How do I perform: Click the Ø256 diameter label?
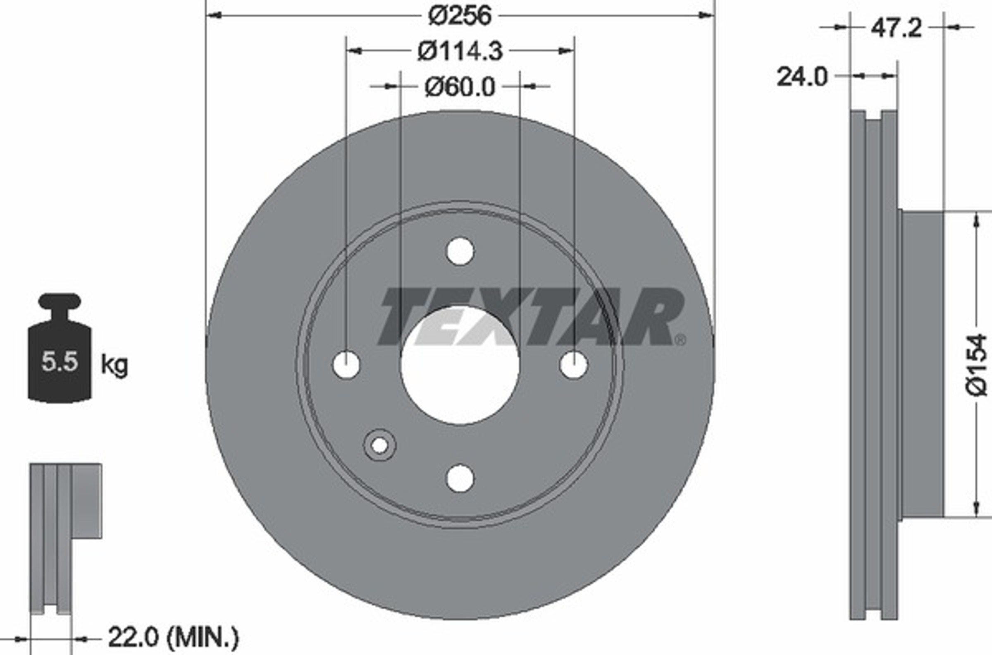(x=460, y=16)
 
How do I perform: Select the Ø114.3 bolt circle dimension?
(x=460, y=51)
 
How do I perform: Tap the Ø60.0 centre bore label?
(x=460, y=87)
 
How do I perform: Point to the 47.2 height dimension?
(x=897, y=29)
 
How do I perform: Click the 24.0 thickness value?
(x=801, y=77)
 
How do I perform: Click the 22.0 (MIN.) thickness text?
(x=173, y=638)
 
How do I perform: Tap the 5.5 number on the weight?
(x=60, y=361)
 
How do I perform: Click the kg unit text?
(x=114, y=365)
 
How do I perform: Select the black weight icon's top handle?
(x=60, y=300)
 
